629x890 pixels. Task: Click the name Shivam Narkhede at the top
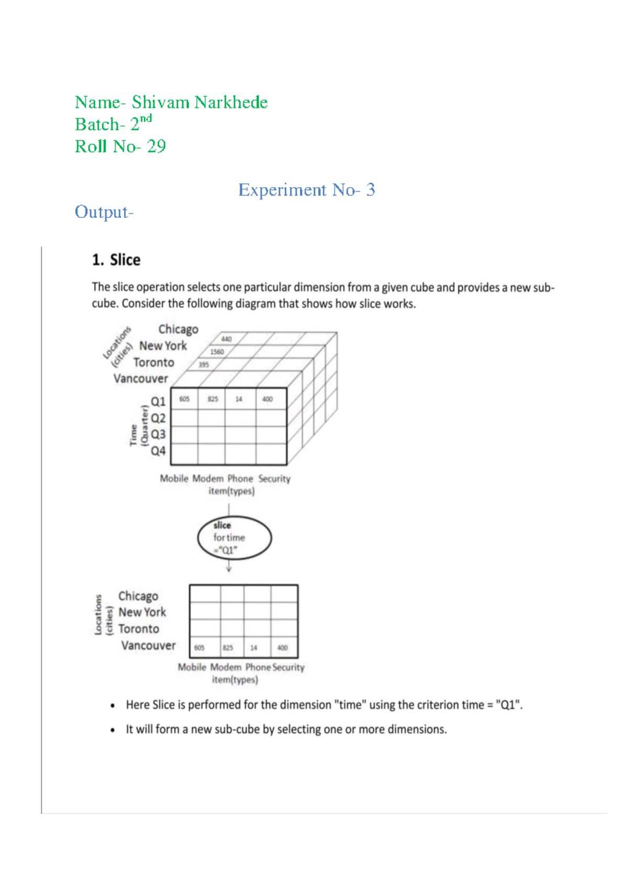(199, 102)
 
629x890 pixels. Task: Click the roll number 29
(156, 146)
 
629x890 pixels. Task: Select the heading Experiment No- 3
(307, 190)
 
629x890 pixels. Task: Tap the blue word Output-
(104, 212)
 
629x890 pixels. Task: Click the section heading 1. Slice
(116, 260)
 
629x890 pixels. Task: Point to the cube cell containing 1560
(217, 352)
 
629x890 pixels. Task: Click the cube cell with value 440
(226, 339)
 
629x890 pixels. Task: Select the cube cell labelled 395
(203, 365)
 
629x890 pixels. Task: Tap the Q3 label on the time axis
(158, 435)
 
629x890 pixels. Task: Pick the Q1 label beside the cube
(158, 401)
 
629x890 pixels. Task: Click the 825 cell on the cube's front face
(212, 399)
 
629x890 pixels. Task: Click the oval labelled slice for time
(234, 538)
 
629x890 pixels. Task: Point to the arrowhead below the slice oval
(229, 569)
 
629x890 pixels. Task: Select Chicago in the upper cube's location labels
(178, 329)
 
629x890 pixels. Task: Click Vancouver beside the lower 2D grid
(148, 645)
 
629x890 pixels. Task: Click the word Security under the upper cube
(274, 479)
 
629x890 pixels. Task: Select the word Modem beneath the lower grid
(226, 667)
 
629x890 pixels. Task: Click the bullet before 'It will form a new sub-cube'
(113, 730)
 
